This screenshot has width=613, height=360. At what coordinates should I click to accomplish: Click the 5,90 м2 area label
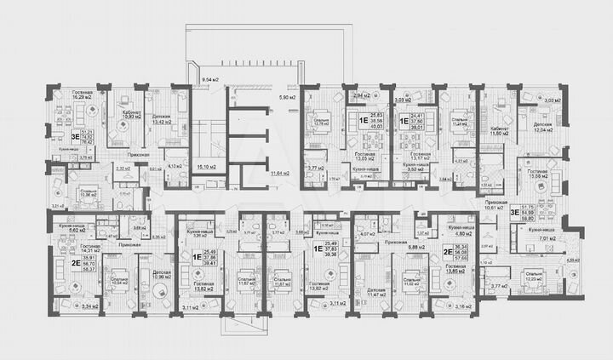click(287, 97)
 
